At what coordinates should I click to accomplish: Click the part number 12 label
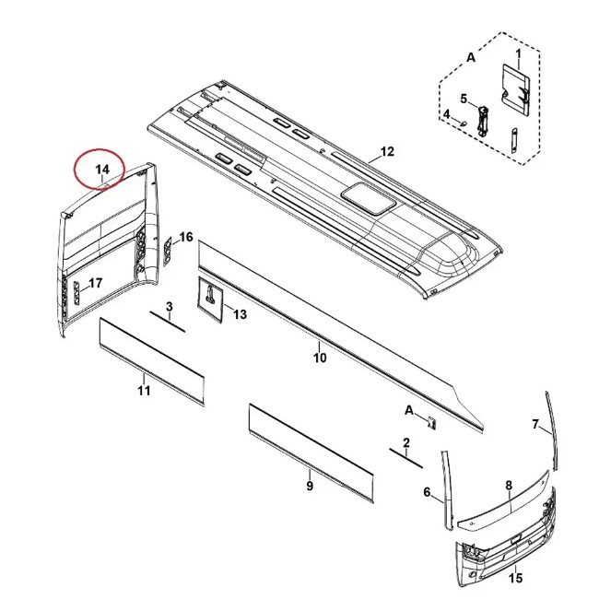[386, 151]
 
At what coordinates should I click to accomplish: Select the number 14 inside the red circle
[102, 169]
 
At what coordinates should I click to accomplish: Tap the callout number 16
[185, 238]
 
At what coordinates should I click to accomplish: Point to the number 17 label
[95, 283]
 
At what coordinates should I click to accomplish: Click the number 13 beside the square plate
[240, 315]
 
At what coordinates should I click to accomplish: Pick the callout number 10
[320, 358]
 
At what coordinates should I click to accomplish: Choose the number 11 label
[144, 392]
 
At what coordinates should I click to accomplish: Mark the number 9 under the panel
[310, 486]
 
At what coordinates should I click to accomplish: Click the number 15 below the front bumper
[515, 578]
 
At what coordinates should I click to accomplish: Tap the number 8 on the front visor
[508, 485]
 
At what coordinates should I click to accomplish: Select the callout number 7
[535, 424]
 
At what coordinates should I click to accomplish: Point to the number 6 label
[427, 492]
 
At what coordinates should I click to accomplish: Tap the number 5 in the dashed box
[464, 99]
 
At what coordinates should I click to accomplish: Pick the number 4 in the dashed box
[446, 114]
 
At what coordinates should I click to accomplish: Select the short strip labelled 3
[169, 322]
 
